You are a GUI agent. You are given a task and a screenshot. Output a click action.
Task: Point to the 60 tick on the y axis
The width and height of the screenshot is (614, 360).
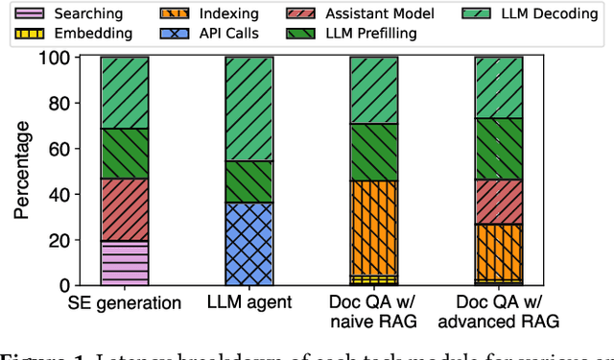62,149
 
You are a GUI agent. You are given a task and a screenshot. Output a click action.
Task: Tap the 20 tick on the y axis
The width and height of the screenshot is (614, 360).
62,240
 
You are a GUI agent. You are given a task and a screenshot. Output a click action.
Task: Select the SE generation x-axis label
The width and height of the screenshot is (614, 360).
124,304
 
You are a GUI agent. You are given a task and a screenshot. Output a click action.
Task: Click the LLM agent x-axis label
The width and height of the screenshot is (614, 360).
249,304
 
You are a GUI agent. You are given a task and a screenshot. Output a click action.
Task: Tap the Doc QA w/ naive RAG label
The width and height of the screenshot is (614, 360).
374,312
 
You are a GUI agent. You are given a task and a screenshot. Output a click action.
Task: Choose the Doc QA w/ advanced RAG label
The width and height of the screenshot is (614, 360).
499,312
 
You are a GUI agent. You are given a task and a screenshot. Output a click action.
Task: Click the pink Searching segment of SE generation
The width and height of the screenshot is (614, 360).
124,263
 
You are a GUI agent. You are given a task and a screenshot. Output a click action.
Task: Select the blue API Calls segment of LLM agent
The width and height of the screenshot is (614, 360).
249,244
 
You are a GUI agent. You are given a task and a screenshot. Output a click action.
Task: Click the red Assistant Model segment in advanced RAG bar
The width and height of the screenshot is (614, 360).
499,202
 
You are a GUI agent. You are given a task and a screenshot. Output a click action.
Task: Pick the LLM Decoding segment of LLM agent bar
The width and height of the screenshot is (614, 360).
249,108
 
